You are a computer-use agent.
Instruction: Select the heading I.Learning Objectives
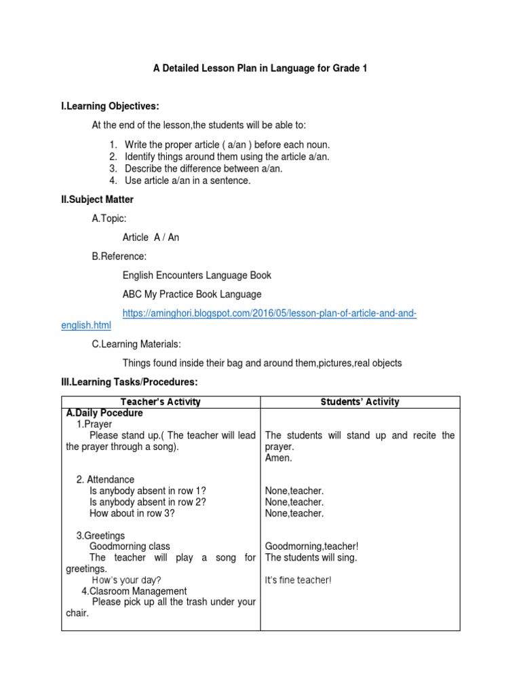coord(110,107)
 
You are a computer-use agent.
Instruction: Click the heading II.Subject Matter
coord(97,200)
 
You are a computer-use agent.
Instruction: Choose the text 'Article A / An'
coord(151,238)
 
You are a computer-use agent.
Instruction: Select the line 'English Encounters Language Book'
coord(197,275)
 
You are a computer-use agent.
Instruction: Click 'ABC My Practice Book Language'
coord(192,294)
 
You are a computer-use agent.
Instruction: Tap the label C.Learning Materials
coord(136,345)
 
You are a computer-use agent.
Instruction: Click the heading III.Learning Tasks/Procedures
coord(129,382)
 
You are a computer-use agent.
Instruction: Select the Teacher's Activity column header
coord(160,402)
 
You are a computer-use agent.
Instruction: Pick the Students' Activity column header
coord(360,402)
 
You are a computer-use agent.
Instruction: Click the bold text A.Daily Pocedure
coord(104,413)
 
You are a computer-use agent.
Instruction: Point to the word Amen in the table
coord(279,458)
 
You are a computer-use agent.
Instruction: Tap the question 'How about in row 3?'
coord(132,513)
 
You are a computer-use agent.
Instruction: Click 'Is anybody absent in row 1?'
coord(147,491)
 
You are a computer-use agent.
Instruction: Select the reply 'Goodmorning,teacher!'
coord(311,546)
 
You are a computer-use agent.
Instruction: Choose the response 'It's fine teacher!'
coord(298,580)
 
